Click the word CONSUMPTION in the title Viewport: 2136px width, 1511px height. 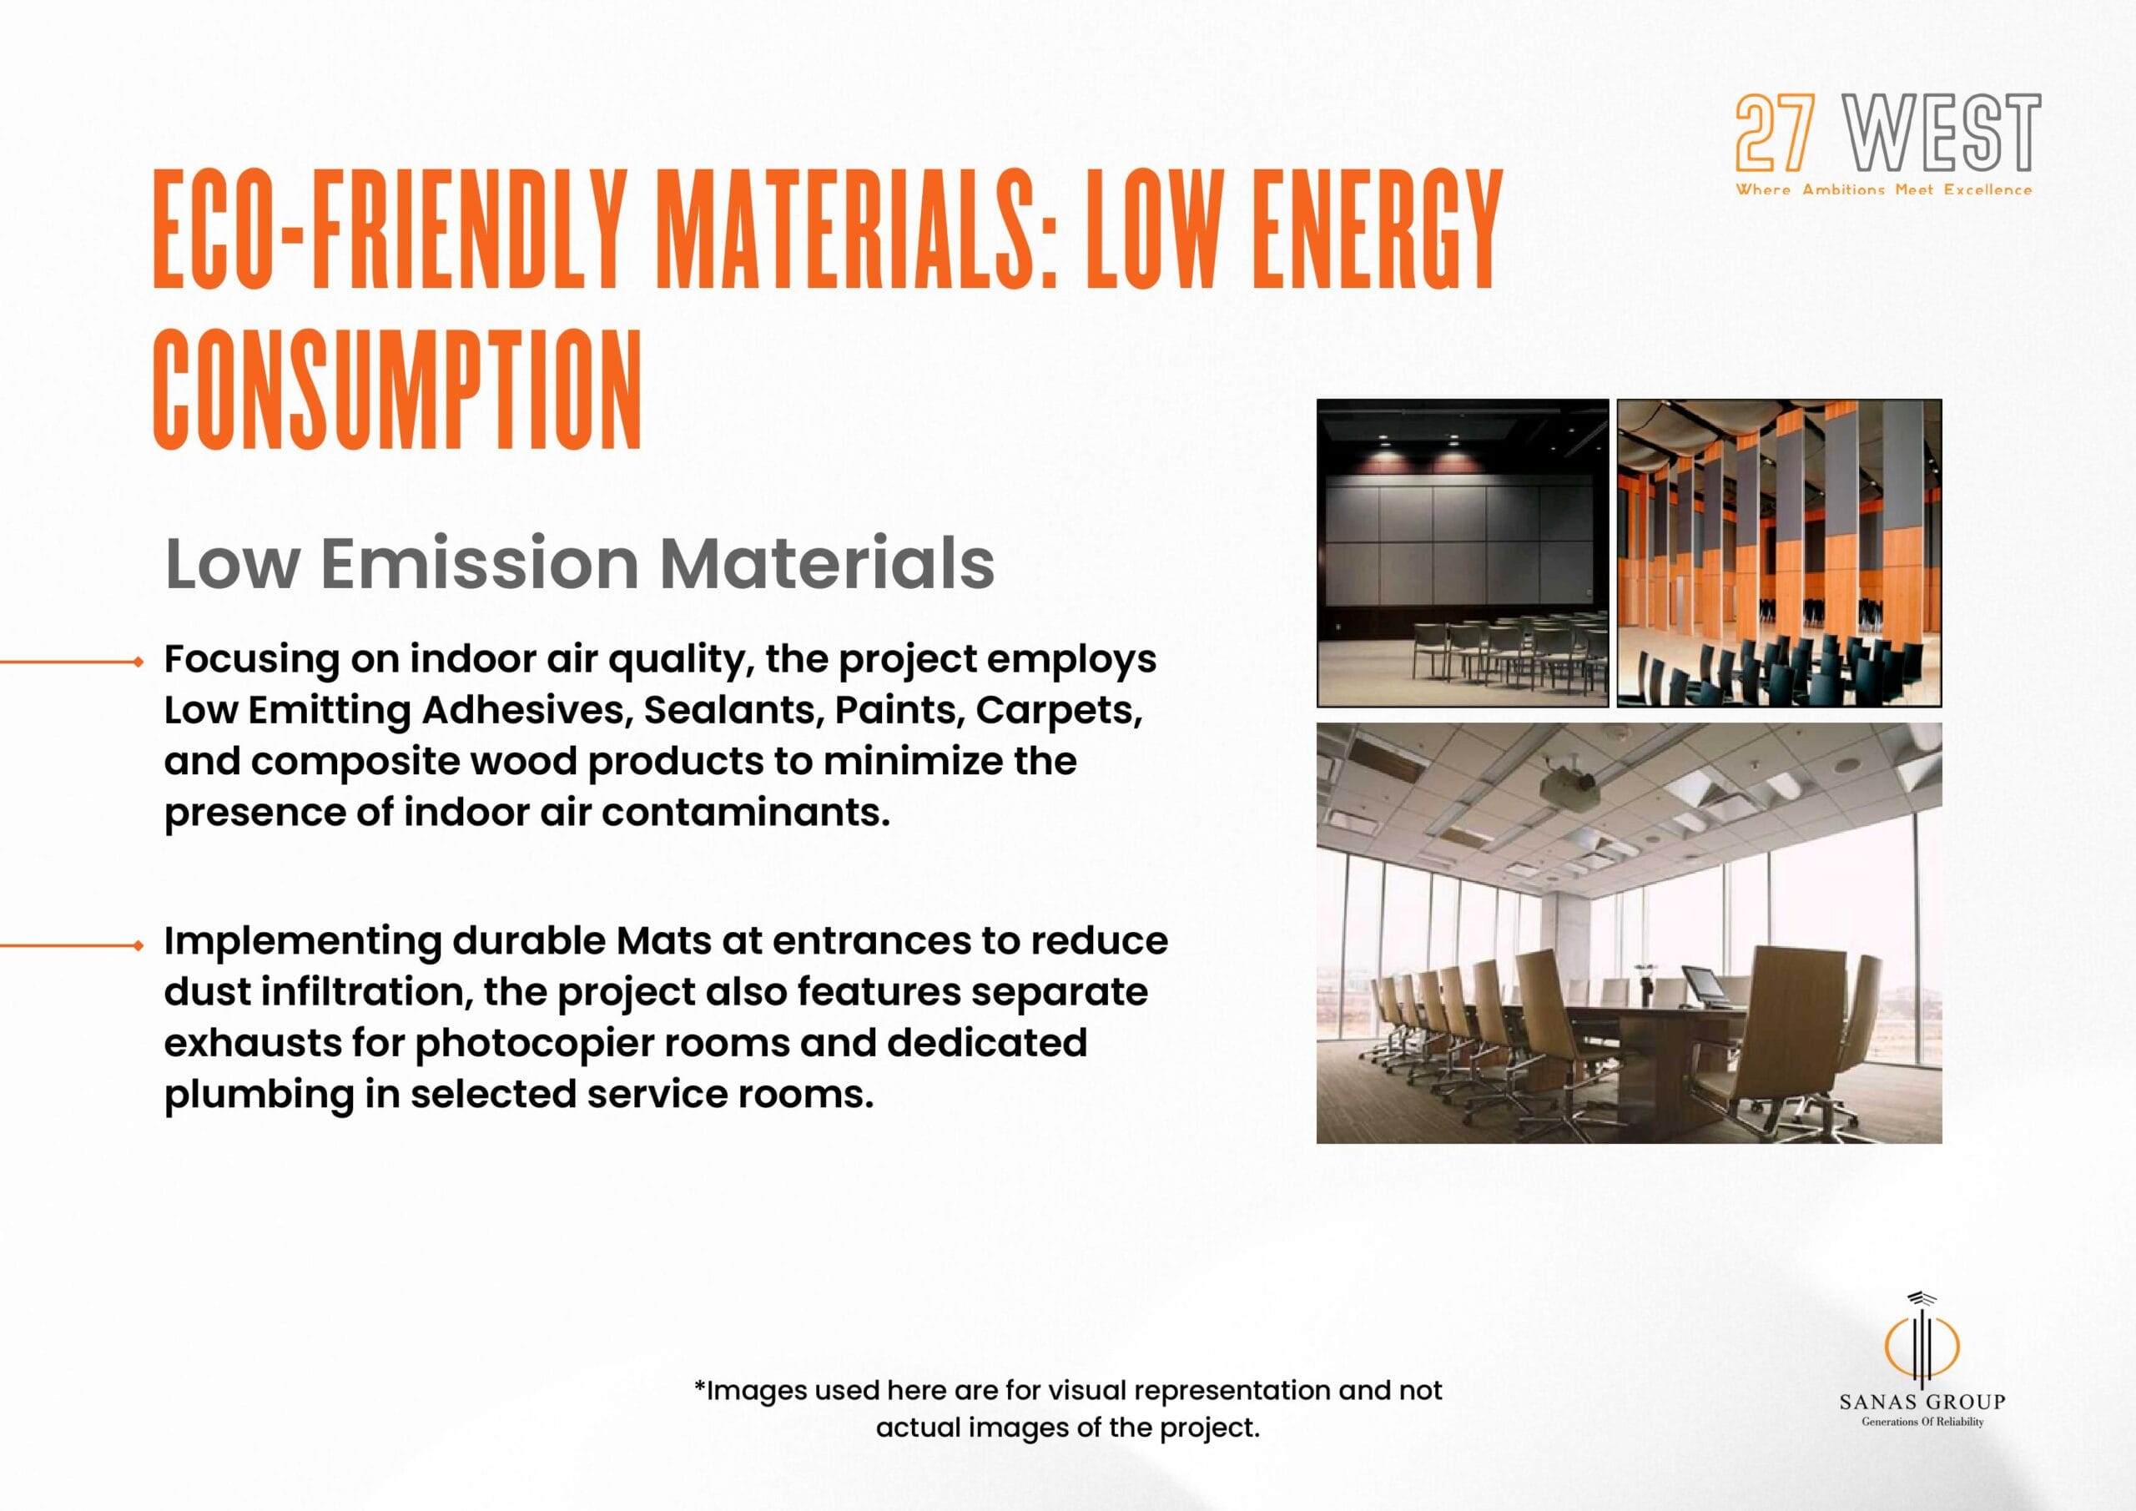point(398,390)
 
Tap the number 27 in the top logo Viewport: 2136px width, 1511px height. point(1775,133)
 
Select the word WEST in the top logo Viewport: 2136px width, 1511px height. point(1942,133)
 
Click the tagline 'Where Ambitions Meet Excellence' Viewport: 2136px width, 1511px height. point(1884,189)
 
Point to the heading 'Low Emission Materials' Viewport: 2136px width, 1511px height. point(580,563)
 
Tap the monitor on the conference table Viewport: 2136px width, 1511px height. point(1701,985)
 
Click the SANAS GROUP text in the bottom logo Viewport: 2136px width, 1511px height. point(1922,1401)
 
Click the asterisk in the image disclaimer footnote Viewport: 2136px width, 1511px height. point(699,1387)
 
